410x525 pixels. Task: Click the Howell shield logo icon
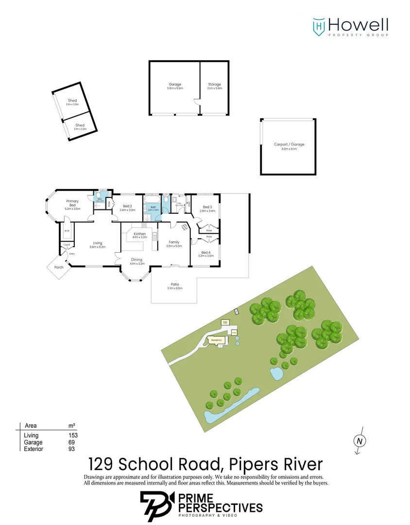click(x=319, y=26)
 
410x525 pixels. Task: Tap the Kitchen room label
click(x=139, y=234)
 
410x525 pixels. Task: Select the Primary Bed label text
click(x=72, y=203)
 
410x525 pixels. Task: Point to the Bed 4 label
click(x=206, y=252)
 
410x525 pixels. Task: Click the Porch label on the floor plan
click(x=59, y=267)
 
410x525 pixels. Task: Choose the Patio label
click(x=175, y=284)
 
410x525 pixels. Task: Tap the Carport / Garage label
click(x=289, y=144)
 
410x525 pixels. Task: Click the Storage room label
click(x=214, y=85)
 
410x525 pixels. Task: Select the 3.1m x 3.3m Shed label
click(x=72, y=101)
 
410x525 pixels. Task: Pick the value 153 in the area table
click(x=73, y=436)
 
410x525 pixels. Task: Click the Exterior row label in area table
click(x=34, y=449)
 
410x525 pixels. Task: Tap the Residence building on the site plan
click(x=217, y=340)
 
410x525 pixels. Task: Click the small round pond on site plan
click(x=276, y=374)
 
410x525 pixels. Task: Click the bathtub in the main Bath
click(x=150, y=199)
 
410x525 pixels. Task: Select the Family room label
click(x=174, y=242)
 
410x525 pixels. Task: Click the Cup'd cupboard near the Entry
click(x=67, y=244)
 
